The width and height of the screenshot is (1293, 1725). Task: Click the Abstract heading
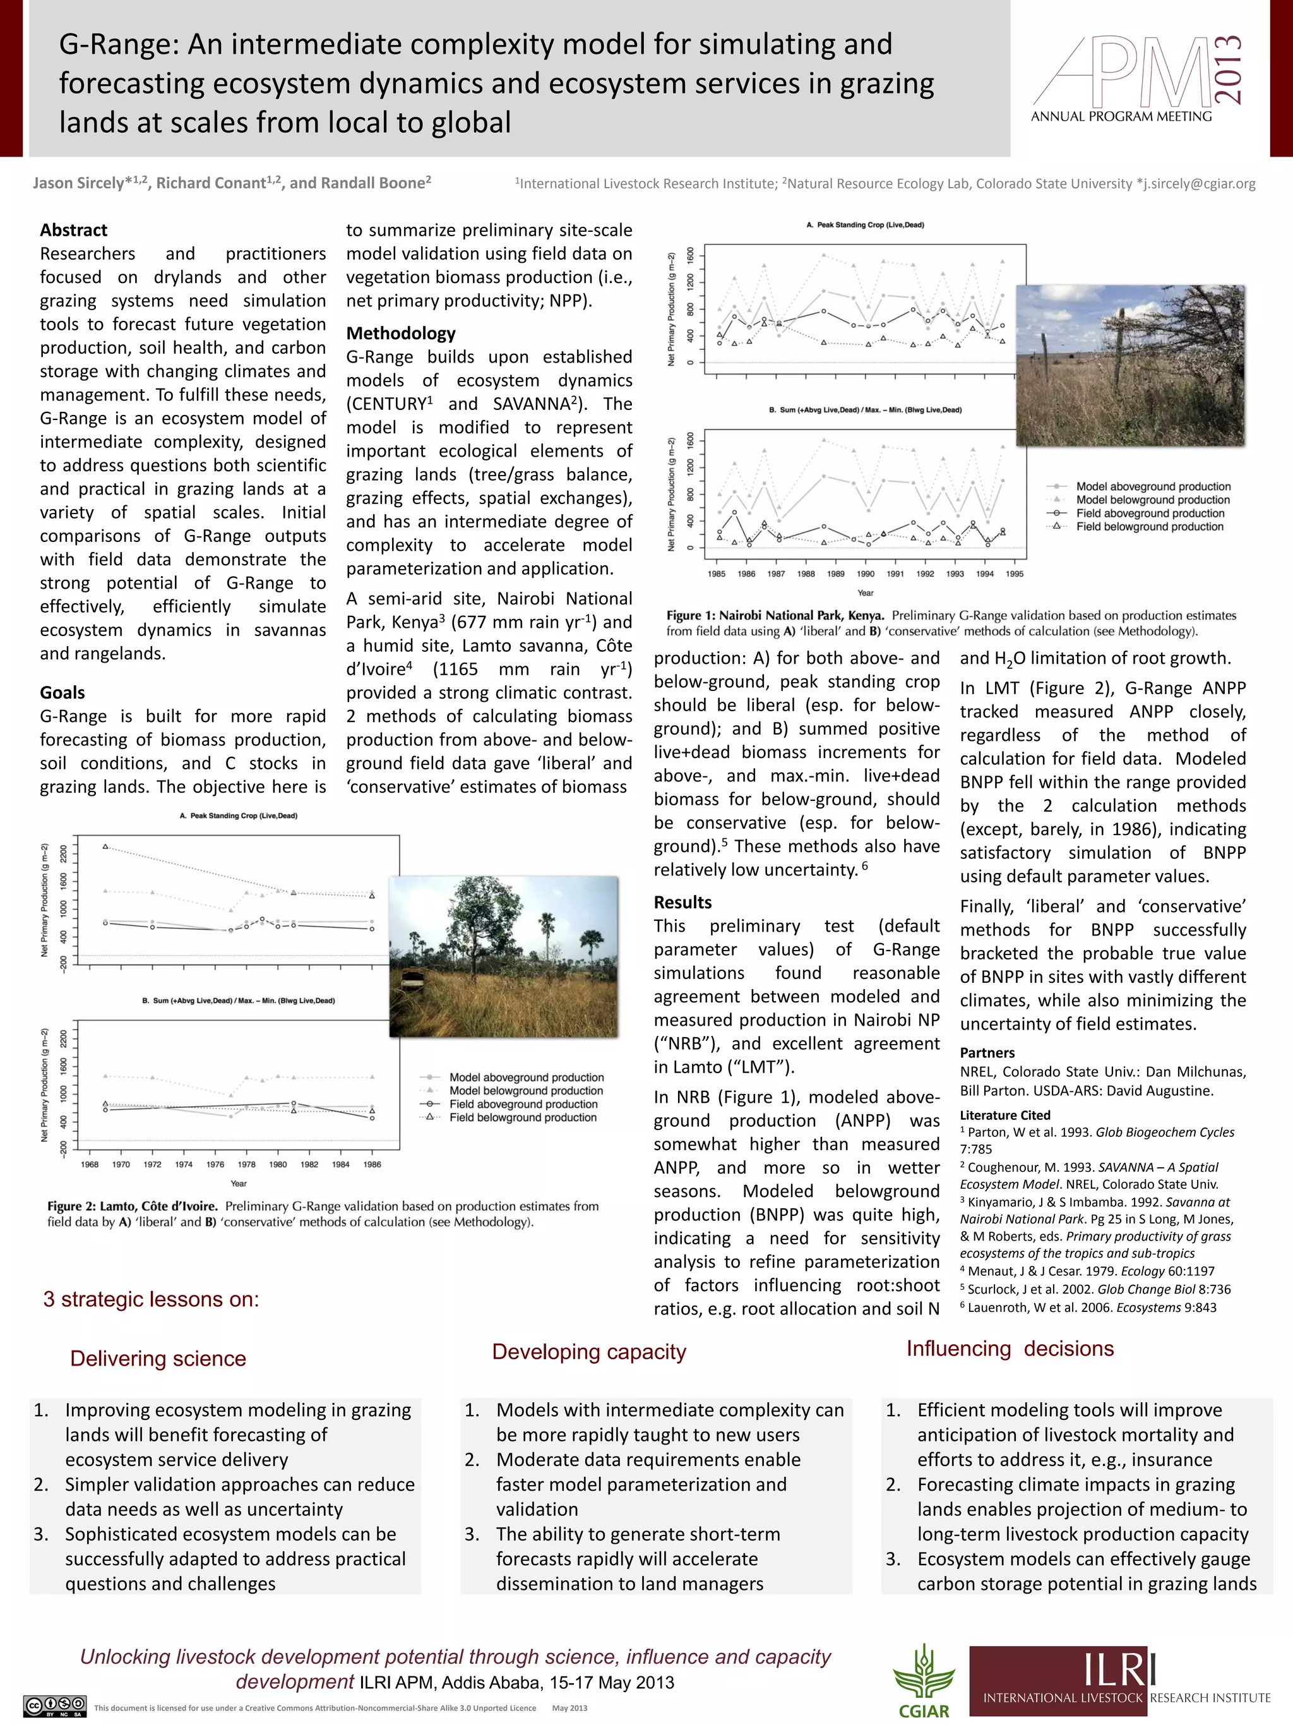73,230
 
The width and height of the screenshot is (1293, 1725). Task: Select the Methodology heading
401,333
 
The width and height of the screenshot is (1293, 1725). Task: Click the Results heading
682,902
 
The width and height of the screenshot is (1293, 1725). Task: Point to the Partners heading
987,1053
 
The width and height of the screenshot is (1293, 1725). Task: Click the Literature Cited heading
1004,1115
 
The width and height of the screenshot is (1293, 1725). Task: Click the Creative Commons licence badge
54,1705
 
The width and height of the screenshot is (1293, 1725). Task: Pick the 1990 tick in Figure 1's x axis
865,574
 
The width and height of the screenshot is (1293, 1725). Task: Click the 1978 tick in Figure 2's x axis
246,1164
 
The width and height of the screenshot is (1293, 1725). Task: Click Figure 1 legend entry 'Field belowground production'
1150,527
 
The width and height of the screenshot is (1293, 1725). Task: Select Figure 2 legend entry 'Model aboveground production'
526,1077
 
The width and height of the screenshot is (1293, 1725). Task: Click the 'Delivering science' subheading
158,1359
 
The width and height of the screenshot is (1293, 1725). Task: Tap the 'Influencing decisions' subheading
1010,1349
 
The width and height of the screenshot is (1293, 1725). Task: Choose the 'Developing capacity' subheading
588,1352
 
